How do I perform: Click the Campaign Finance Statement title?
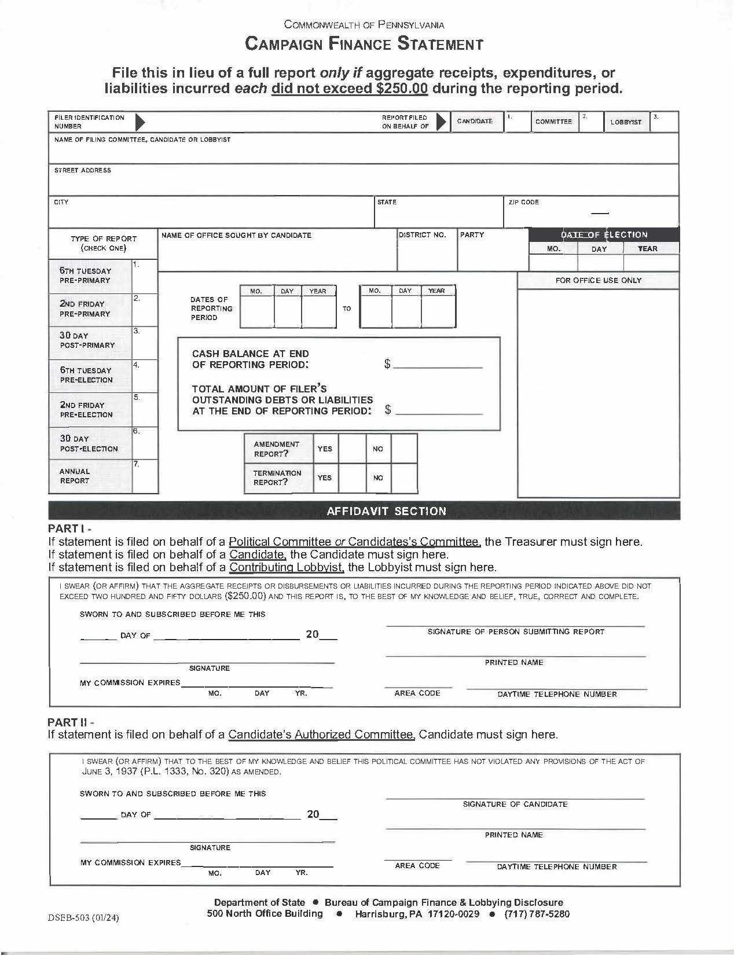364,43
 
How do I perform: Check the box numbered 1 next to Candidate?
517,122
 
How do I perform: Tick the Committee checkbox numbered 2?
591,122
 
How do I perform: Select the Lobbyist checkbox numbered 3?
663,122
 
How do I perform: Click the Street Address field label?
82,170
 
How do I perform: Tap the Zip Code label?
523,202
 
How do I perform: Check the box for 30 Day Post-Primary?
145,341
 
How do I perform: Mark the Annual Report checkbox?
145,476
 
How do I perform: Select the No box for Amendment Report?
404,449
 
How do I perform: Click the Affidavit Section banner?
387,511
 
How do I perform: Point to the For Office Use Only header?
598,280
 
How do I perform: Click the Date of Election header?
604,234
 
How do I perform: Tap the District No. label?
423,235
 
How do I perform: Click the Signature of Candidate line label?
515,804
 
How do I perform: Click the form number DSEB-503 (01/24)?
85,917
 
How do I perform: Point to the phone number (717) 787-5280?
537,914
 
